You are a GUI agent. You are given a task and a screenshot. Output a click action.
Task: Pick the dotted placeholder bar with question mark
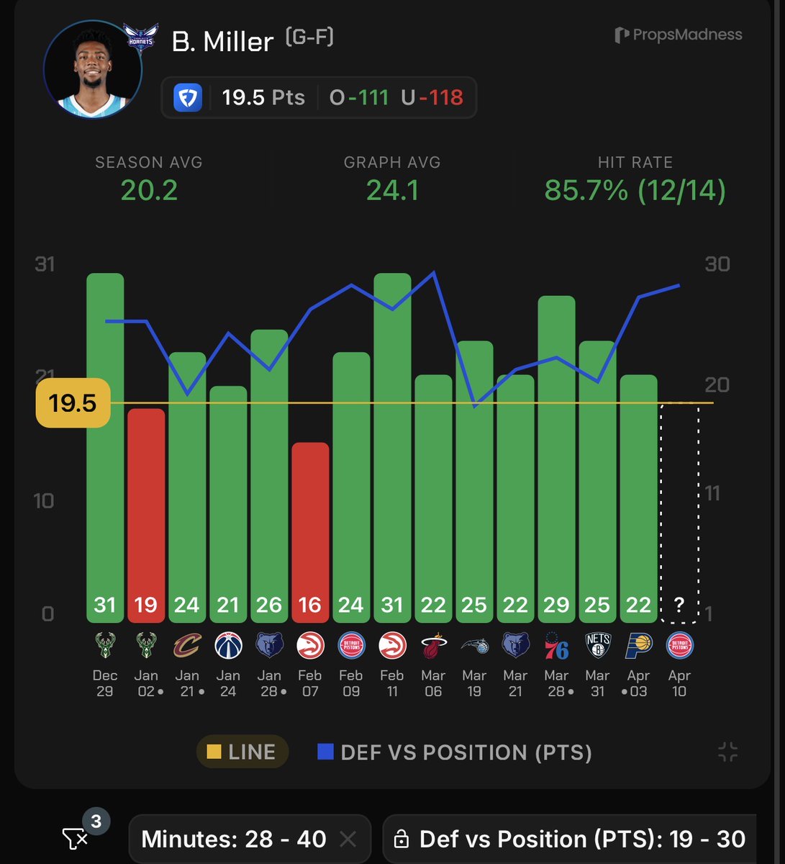pos(679,511)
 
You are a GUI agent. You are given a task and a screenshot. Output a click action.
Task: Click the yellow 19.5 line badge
pos(73,403)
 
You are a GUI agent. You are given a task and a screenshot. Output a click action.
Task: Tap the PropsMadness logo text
pos(679,35)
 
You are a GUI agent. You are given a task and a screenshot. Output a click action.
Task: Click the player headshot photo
pos(93,70)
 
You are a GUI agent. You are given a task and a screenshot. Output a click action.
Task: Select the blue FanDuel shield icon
pos(188,97)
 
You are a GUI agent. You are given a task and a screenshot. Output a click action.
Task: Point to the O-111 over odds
pos(359,97)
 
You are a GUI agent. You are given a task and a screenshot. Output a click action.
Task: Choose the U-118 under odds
pos(432,97)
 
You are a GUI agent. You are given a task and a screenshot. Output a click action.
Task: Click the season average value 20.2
pos(149,190)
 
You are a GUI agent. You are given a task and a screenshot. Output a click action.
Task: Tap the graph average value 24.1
pos(392,190)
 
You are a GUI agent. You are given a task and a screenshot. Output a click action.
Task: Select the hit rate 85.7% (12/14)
pos(635,190)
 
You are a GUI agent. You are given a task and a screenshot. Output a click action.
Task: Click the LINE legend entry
pos(242,752)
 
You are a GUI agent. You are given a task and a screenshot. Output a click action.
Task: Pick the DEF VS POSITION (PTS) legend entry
pos(455,752)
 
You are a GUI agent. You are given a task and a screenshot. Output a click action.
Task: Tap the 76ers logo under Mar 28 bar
pos(556,646)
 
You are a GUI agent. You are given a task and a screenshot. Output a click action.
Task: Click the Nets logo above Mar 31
pos(597,645)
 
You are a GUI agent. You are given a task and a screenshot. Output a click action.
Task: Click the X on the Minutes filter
pos(348,839)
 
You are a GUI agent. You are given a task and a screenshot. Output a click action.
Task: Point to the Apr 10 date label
pos(679,683)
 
